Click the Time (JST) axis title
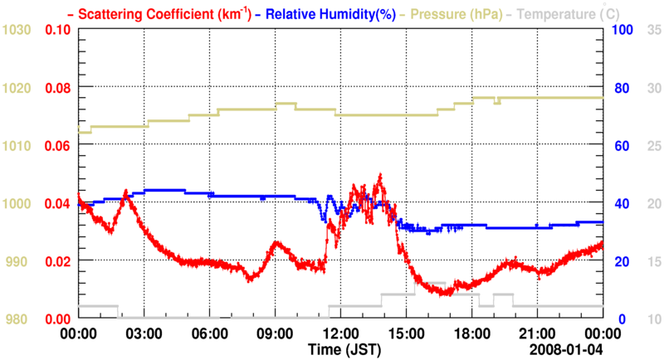[343, 348]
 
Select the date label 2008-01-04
[569, 348]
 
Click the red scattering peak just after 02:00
[126, 192]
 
